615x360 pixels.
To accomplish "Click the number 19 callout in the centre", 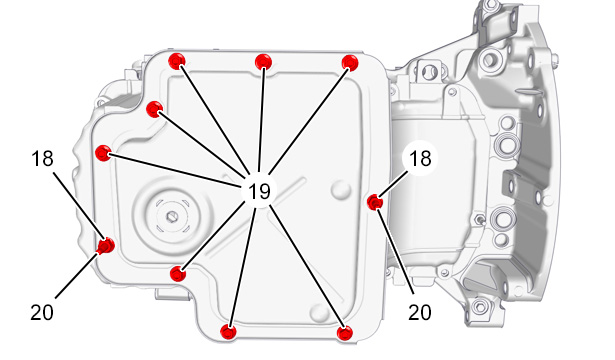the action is coord(259,191).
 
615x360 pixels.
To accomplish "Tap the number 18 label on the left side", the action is coord(42,159).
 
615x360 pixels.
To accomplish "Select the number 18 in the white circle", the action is coord(420,158).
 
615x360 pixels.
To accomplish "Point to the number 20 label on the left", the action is coord(42,313).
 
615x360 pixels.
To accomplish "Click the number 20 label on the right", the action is coord(420,313).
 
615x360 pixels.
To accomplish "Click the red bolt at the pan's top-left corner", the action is coord(176,61).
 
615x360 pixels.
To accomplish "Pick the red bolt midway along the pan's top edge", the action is coord(263,62).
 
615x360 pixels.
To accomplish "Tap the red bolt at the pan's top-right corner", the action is coord(350,62).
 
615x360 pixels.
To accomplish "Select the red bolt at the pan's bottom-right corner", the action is coord(345,333).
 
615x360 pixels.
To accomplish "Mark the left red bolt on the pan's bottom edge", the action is coord(228,332).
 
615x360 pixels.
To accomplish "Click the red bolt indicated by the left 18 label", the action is coord(106,246).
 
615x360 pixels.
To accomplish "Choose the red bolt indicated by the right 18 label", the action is coord(375,202).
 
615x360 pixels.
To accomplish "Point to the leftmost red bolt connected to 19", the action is coord(103,153).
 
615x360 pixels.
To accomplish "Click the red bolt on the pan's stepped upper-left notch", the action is coord(154,109).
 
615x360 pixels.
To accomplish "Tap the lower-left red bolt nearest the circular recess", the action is coord(178,273).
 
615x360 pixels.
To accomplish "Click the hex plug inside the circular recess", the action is coord(171,216).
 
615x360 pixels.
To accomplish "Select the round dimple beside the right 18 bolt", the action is coord(340,189).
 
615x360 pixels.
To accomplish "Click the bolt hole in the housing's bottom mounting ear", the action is coord(480,306).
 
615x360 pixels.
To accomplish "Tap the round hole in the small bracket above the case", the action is coord(429,72).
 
